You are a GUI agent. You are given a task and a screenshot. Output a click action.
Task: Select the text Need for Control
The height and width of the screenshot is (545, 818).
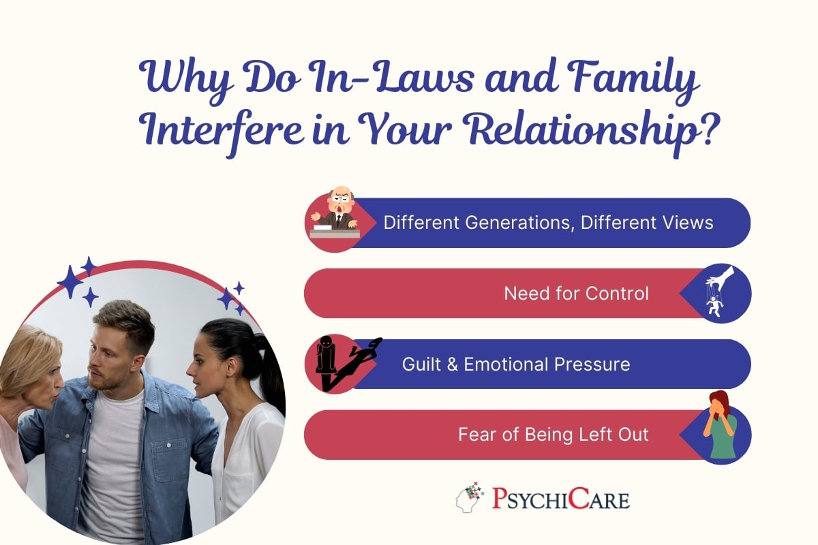coord(576,294)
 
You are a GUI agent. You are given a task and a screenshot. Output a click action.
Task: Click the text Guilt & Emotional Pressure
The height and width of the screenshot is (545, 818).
coord(516,364)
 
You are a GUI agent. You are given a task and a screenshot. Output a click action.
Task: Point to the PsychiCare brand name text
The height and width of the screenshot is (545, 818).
coord(561,499)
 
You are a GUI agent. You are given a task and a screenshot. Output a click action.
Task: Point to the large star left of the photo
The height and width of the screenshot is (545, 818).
coord(70,281)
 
